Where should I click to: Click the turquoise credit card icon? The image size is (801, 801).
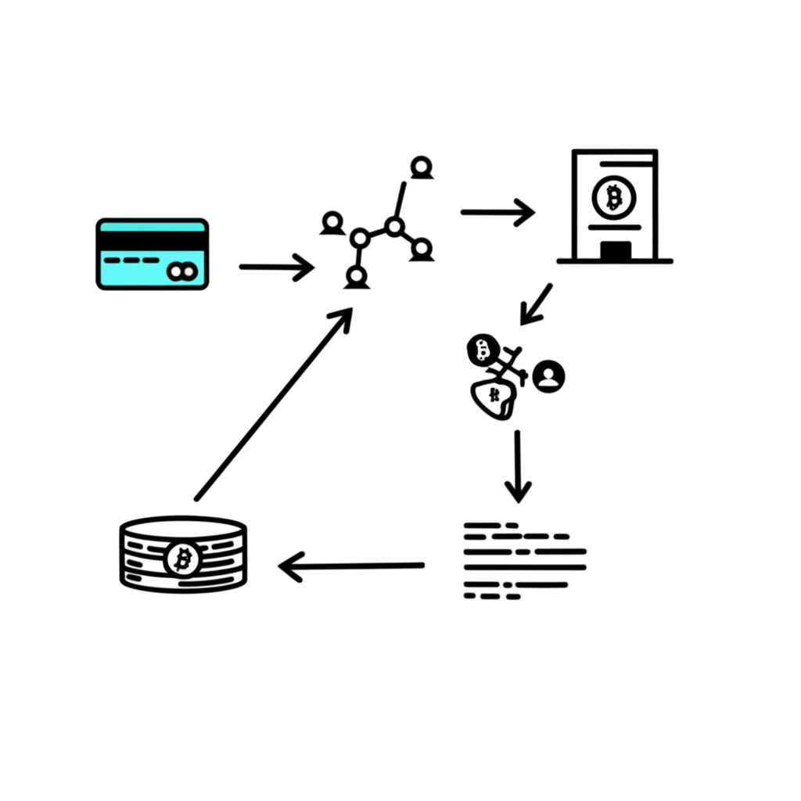pos(152,254)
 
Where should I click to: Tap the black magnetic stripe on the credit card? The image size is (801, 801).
pos(152,240)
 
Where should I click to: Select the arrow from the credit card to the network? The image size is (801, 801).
pos(275,267)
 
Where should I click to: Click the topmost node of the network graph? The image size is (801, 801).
pos(422,167)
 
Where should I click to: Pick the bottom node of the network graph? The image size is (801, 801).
pos(357,276)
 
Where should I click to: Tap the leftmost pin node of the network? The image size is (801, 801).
pos(332,222)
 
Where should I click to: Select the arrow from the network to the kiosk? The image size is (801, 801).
pos(497,211)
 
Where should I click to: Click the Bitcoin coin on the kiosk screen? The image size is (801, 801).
pos(614,196)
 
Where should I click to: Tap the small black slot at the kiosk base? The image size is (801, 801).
pos(616,250)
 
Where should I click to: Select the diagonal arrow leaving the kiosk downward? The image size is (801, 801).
pos(537,304)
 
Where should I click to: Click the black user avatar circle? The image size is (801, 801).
pos(549,376)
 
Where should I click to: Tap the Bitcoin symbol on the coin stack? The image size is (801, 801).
pos(183,559)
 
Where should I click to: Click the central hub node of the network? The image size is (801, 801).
pos(394,227)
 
